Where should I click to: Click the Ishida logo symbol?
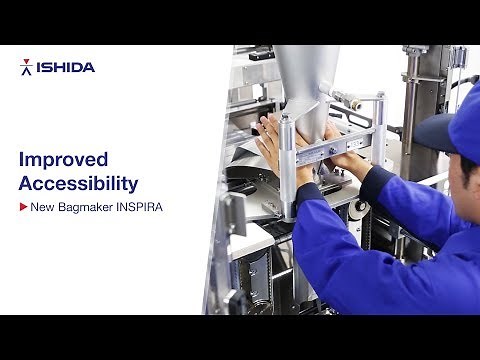[26, 67]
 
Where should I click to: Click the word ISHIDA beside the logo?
[65, 67]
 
